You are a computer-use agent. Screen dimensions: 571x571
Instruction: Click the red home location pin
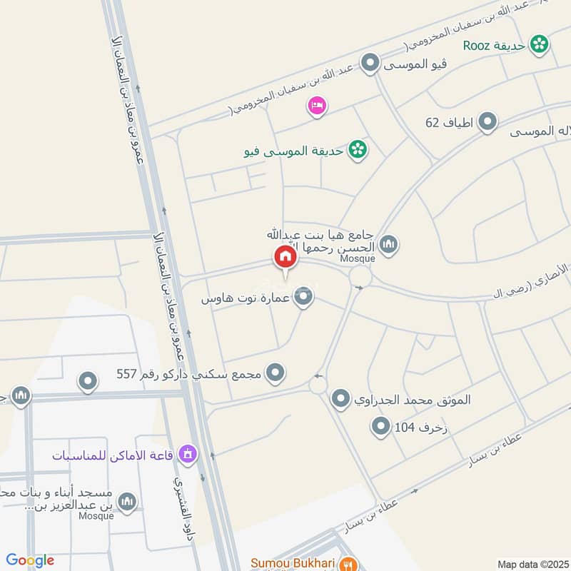point(285,257)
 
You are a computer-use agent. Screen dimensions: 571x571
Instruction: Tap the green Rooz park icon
point(540,45)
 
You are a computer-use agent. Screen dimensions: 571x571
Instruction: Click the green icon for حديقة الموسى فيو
point(357,150)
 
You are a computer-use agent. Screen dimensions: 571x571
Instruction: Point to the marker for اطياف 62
point(487,122)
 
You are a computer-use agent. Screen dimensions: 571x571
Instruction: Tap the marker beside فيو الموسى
point(369,65)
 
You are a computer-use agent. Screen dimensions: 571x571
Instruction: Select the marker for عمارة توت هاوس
point(304,298)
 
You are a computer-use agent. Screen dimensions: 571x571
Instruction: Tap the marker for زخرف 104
point(380,428)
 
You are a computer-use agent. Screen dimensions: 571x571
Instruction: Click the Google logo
point(30,560)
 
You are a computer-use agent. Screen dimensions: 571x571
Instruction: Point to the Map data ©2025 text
point(532,564)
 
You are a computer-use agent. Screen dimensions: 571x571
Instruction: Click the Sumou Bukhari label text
point(293,563)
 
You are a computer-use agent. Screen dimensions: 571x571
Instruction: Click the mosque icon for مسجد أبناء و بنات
point(127,502)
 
